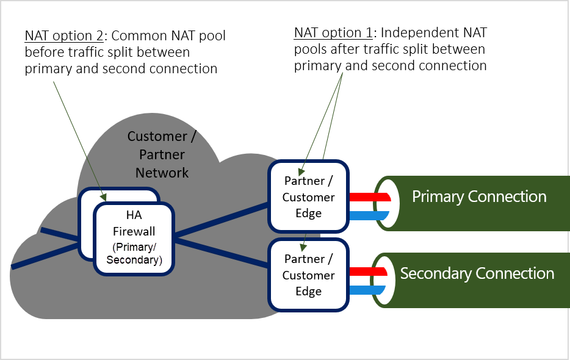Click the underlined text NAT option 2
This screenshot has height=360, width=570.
(62, 36)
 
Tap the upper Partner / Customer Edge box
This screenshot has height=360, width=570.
(308, 196)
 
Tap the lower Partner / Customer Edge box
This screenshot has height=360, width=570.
(308, 275)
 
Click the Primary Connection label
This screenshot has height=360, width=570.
(478, 196)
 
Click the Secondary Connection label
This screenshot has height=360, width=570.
(477, 273)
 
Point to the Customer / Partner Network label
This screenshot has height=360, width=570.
(162, 154)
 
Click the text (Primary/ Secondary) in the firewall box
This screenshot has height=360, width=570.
(134, 254)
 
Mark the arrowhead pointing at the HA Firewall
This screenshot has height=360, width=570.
(104, 196)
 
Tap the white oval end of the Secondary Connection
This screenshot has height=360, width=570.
(389, 280)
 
